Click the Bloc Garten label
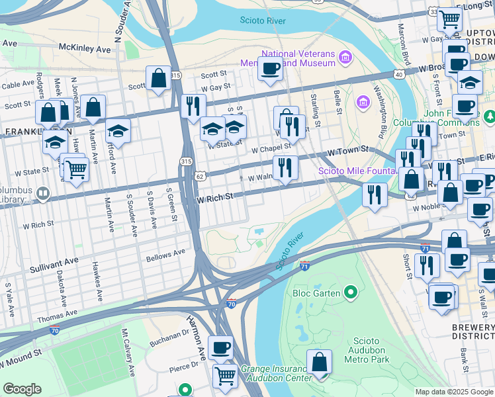tap(317, 292)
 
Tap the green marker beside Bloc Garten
tap(351, 292)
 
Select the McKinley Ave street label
tap(85, 49)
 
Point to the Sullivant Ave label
tap(54, 269)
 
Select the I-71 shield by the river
tap(304, 265)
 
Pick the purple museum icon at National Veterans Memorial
tap(344, 58)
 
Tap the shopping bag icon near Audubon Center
tap(319, 363)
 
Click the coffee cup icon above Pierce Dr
tap(220, 347)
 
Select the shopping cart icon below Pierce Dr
tap(225, 376)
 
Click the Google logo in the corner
tap(22, 389)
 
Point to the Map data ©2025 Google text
tap(454, 392)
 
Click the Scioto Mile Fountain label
tap(357, 171)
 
